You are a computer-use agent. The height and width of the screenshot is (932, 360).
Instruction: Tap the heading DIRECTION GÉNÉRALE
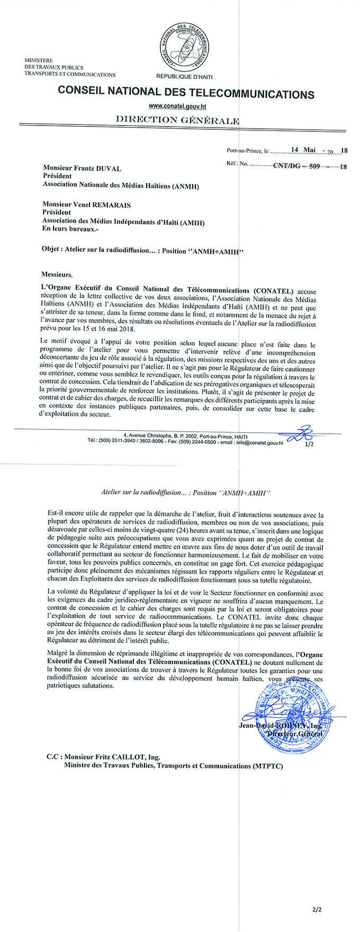tap(177, 120)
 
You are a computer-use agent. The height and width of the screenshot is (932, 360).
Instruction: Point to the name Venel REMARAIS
tap(108, 205)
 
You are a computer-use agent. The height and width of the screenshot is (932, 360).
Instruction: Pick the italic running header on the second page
tap(185, 492)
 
